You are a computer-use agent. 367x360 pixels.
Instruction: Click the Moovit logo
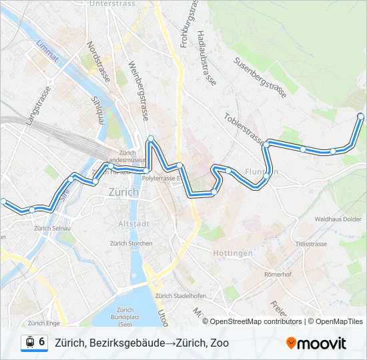pos(316,343)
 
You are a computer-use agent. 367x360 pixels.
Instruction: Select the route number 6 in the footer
pos(42,343)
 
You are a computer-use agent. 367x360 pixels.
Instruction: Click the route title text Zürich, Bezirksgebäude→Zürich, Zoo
pos(141,343)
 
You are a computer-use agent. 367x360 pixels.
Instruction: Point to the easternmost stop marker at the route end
pos(361,117)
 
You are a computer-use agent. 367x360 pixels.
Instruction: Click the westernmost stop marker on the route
pos(3,201)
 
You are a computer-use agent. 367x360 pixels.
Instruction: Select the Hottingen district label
pos(233,253)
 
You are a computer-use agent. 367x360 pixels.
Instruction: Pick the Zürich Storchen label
pos(131,243)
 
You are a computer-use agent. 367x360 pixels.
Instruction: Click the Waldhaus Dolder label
pos(338,219)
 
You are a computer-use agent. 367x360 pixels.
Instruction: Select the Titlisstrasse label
pos(312,244)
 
